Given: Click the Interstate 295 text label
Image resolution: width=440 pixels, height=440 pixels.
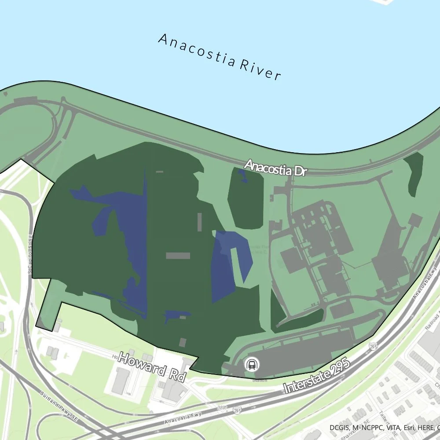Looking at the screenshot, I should tap(317, 375).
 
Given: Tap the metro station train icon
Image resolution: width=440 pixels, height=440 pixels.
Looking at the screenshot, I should tap(252, 364).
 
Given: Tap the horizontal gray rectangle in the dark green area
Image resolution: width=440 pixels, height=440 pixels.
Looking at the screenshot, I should tap(178, 256).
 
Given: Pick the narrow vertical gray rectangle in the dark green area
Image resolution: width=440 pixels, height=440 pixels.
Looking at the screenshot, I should tap(200, 222).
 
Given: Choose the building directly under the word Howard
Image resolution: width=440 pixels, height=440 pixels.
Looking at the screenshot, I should tap(121, 381).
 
